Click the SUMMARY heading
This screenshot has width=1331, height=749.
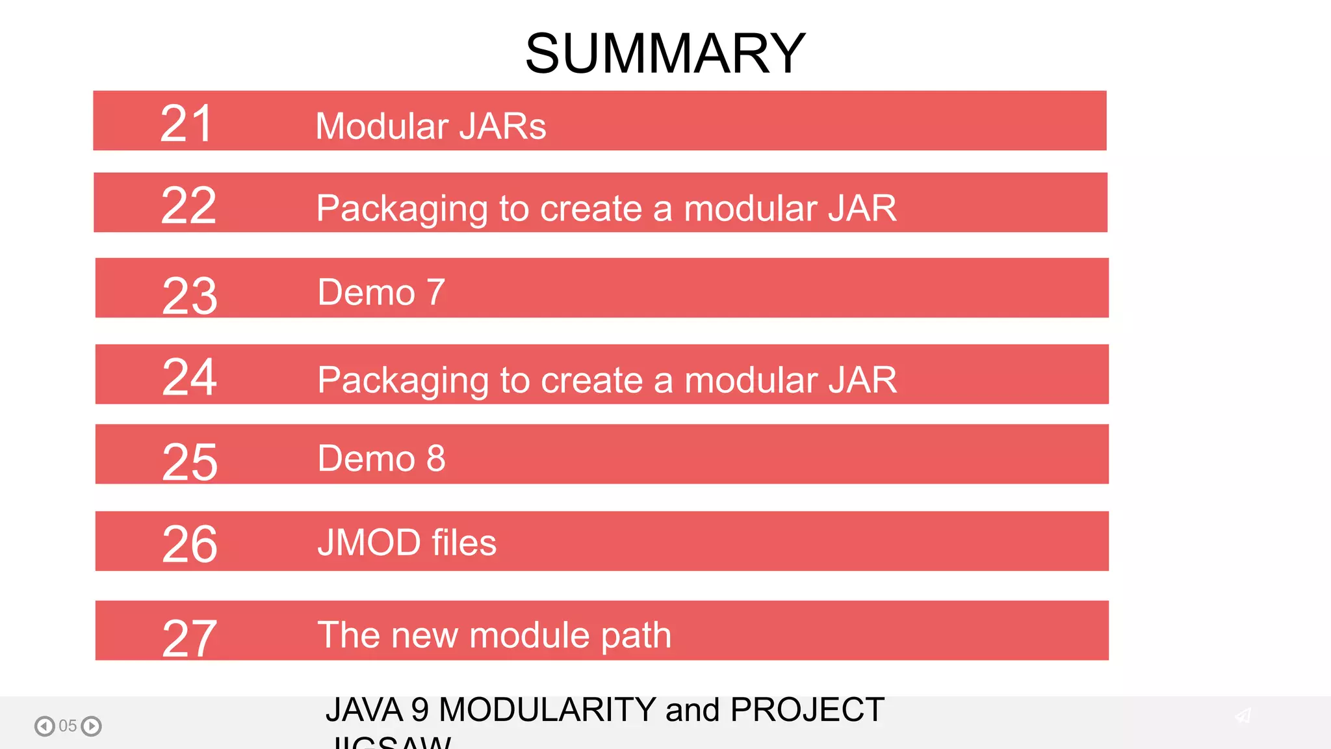pos(665,53)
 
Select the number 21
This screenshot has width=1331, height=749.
pos(187,124)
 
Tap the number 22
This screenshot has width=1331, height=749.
pos(188,205)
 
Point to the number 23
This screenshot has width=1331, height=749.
pos(189,296)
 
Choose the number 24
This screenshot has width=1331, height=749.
pos(189,376)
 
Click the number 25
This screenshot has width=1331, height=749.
pos(189,462)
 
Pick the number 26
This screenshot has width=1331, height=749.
pos(189,544)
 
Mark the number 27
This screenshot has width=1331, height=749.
pos(189,638)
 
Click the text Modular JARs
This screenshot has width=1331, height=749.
pos(430,126)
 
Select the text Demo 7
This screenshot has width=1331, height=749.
pos(381,292)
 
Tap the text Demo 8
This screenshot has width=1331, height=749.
pos(381,458)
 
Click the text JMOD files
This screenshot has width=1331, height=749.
pos(407,542)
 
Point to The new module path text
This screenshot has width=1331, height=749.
pos(494,635)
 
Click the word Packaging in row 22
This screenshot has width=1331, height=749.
pos(402,209)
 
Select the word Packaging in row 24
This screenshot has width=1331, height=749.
pos(402,381)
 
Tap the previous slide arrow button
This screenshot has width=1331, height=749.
pos(44,726)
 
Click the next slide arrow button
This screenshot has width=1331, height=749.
pos(92,726)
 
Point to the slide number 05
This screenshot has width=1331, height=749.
pos(68,726)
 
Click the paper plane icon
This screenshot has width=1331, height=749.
pos(1243,716)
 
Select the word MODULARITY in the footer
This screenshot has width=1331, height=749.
pos(547,709)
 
